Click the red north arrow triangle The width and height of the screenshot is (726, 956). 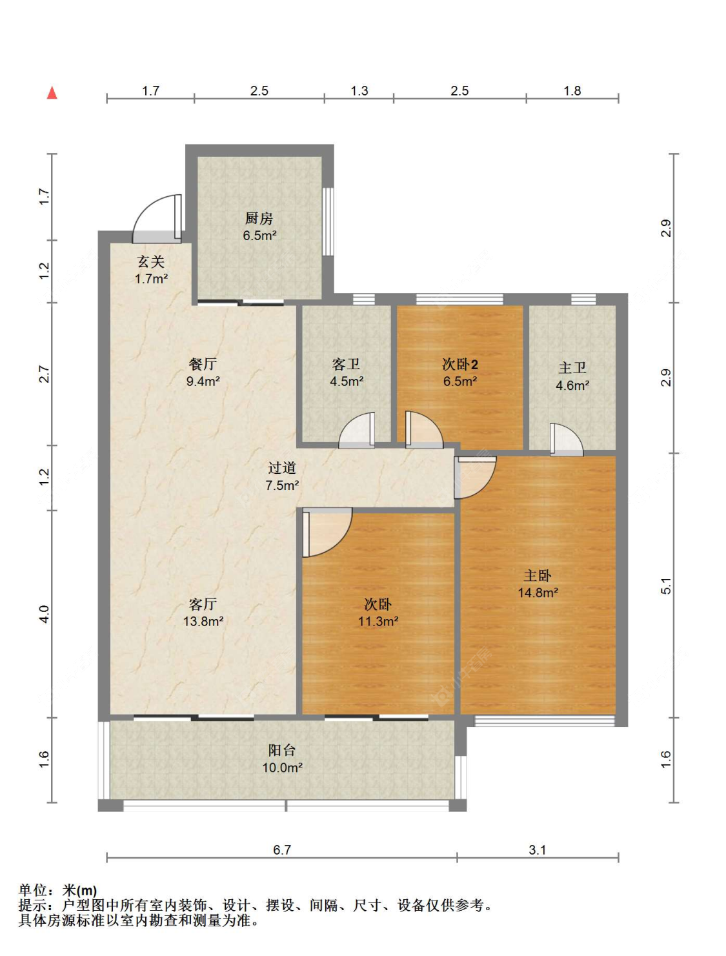coord(52,93)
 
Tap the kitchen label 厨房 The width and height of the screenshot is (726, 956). coord(259,219)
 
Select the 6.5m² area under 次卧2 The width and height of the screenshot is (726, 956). coord(459,381)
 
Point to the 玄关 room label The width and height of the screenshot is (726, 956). coord(150,261)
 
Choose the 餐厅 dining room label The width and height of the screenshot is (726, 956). coord(203,364)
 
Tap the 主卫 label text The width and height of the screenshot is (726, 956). coord(572,368)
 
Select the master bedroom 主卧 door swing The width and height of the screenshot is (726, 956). coord(474,477)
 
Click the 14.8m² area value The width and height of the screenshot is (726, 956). coord(538,593)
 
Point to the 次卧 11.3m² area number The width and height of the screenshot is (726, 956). coord(378,621)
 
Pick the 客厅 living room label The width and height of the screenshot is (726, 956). coord(203,604)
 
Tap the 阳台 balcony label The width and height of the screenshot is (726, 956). coord(282,750)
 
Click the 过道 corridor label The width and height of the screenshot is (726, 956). coord(282,468)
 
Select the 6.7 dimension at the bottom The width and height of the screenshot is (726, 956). coord(282,849)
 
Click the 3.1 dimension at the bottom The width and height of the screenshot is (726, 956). coord(538,849)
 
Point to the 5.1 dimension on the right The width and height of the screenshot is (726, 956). coord(666,585)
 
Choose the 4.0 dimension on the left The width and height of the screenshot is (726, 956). coord(44,614)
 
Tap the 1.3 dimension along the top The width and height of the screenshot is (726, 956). coord(359,91)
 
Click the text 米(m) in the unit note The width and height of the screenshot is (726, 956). coord(79,891)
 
